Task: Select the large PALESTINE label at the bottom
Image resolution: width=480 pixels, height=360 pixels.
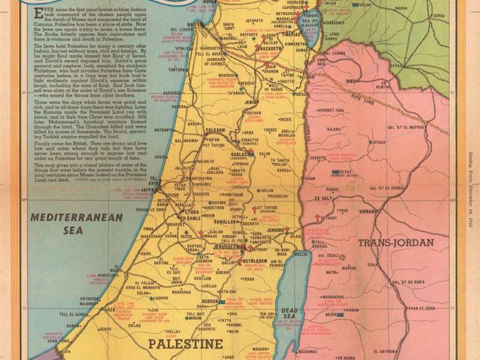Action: click(x=178, y=344)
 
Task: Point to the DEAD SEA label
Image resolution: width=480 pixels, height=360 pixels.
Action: click(x=289, y=314)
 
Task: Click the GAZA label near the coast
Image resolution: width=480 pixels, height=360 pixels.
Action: click(x=109, y=310)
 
